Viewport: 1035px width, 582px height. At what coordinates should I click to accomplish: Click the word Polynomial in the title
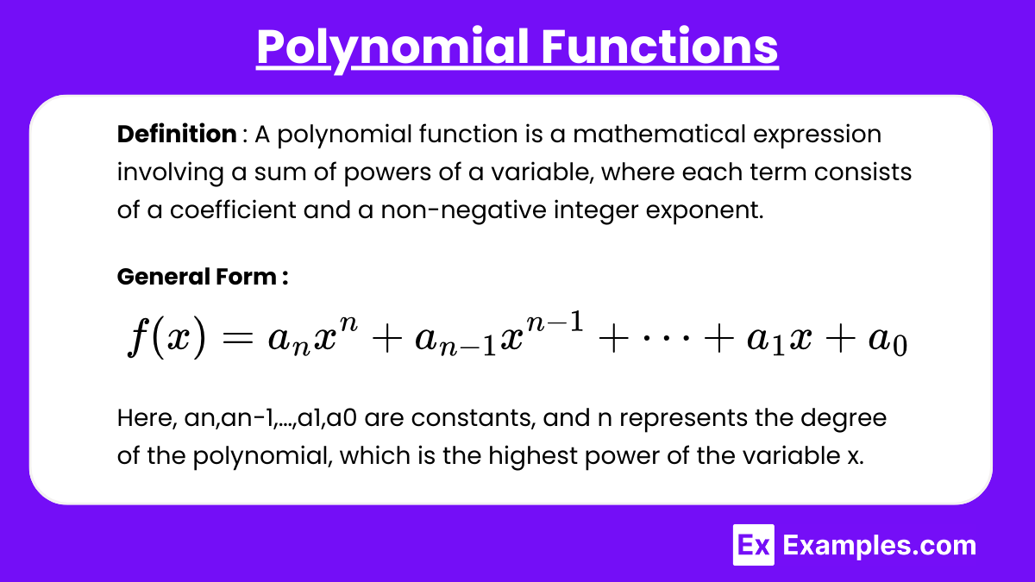(392, 47)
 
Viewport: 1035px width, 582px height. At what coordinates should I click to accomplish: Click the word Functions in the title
(660, 47)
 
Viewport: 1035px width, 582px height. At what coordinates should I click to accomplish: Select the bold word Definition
(177, 134)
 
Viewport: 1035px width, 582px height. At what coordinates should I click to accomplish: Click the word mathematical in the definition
(659, 134)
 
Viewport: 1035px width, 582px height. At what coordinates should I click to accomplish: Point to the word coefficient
(233, 210)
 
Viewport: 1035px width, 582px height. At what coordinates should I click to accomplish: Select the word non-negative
(463, 210)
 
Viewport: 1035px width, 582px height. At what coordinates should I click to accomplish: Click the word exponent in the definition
(705, 210)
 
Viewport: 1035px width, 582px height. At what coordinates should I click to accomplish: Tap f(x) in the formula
(166, 336)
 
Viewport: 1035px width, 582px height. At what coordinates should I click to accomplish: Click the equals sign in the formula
(237, 339)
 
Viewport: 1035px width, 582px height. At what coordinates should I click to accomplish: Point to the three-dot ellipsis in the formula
(666, 339)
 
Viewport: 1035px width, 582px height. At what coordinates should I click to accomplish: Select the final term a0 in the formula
(888, 341)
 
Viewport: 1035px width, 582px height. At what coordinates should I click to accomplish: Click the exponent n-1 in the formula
(555, 322)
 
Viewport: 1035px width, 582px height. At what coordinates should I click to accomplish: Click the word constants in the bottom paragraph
(474, 417)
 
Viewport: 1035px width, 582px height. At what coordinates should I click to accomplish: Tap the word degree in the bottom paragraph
(844, 419)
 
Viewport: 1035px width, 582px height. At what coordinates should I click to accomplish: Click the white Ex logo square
(754, 545)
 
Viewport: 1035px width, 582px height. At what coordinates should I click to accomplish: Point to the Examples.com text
(879, 546)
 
